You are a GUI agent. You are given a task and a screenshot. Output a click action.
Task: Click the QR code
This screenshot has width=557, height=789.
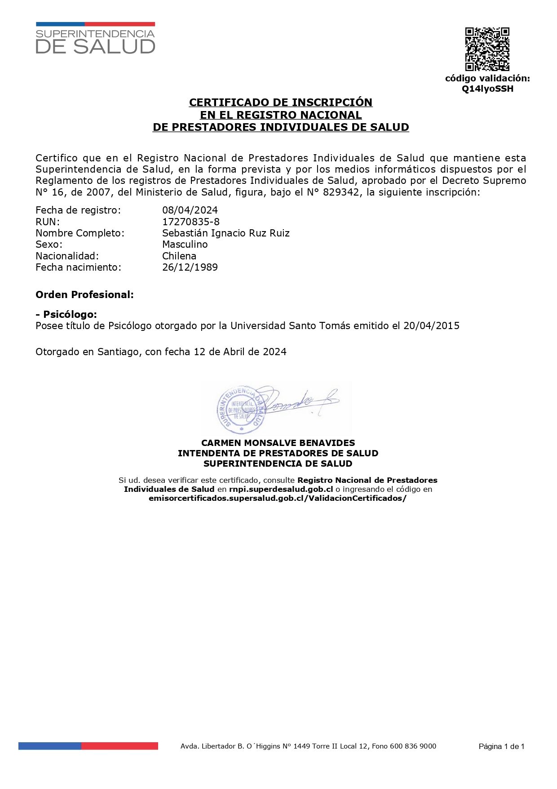pos(487,49)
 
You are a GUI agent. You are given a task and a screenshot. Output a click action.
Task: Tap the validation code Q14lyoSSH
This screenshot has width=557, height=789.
pos(487,89)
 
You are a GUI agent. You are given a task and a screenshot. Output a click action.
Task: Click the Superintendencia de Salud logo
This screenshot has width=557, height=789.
pos(95,39)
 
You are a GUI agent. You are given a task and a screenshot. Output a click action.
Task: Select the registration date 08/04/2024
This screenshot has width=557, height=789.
pos(190,210)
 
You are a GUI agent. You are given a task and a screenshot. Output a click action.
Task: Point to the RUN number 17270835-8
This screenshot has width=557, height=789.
pos(191,222)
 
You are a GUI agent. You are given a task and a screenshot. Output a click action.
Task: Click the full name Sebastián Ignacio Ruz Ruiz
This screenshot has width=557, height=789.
pos(225,233)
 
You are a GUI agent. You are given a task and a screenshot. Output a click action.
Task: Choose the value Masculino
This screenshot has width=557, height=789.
pos(185,244)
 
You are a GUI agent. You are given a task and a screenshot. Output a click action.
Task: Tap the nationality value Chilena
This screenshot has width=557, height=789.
pos(179,256)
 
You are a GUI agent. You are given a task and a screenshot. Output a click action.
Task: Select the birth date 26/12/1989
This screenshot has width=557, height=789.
pos(190,267)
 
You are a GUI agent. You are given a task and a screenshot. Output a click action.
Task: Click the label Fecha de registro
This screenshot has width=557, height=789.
pos(78,210)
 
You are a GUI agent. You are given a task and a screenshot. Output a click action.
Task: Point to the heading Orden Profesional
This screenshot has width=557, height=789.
pos(84,294)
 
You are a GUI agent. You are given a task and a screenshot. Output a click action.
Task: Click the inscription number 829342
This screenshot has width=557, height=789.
pos(344,192)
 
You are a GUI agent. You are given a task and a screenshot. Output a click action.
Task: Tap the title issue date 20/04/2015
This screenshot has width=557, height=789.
pos(431,325)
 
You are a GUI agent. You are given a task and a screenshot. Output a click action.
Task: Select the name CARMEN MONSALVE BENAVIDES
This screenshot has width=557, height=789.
pos(278,443)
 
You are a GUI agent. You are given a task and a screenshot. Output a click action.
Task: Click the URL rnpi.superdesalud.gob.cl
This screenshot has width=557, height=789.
pos(281,489)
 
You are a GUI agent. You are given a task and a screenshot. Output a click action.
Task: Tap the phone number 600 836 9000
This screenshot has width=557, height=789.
pos(413,746)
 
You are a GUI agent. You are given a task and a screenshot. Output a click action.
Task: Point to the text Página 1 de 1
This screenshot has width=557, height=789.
pos(501,747)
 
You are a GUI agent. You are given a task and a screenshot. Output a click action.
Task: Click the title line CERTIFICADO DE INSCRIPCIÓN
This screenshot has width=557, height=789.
pos(281,103)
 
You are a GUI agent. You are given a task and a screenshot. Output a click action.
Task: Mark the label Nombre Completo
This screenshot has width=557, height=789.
pos(80,233)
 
